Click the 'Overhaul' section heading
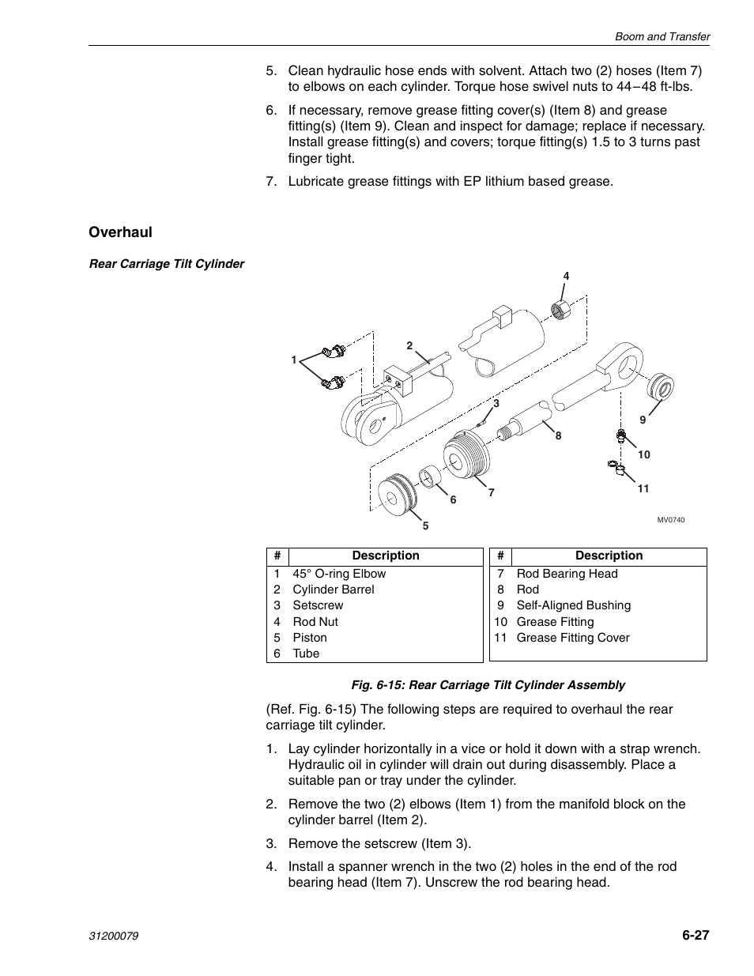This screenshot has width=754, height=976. click(120, 232)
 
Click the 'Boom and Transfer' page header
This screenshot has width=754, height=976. click(663, 36)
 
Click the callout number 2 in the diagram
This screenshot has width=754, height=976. click(410, 345)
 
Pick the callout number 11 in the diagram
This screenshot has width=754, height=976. click(643, 488)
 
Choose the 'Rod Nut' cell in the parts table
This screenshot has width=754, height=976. click(315, 622)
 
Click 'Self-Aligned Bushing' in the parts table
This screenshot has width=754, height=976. click(573, 605)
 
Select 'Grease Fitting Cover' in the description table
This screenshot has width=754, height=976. click(572, 638)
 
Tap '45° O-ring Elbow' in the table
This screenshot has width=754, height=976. click(339, 574)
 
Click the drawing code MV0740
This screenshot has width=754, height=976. click(671, 520)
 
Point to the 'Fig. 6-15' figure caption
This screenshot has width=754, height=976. click(488, 685)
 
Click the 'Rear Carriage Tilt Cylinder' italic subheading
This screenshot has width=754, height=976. click(167, 264)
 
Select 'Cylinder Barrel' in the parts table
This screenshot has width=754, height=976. click(333, 590)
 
